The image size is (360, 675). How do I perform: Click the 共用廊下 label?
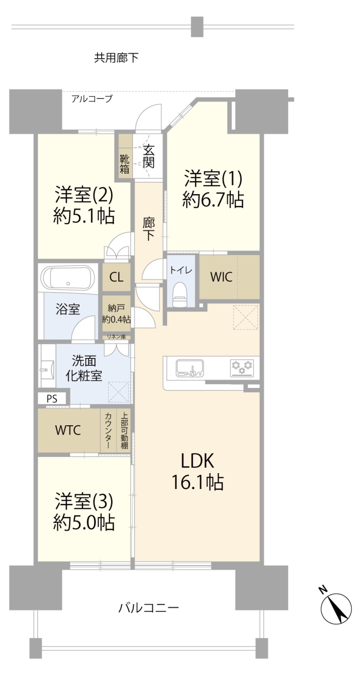tap(116, 58)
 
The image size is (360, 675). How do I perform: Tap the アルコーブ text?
tap(92, 98)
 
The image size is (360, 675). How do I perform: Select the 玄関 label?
tap(148, 157)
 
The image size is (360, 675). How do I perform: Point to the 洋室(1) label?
tap(213, 178)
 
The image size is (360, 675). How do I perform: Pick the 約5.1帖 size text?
tap(84, 216)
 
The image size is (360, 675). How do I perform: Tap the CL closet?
tap(116, 277)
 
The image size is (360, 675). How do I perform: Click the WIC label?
tap(221, 277)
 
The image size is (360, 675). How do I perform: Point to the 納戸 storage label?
tap(116, 308)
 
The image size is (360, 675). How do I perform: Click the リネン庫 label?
tap(116, 337)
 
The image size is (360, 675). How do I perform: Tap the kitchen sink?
tap(189, 368)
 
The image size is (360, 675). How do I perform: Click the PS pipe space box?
tap(52, 399)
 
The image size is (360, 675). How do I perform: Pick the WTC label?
tap(68, 430)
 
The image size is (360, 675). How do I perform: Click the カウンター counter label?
tap(108, 430)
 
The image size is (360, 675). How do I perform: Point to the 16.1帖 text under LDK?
tap(197, 482)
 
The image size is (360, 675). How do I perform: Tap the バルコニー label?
tap(149, 608)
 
